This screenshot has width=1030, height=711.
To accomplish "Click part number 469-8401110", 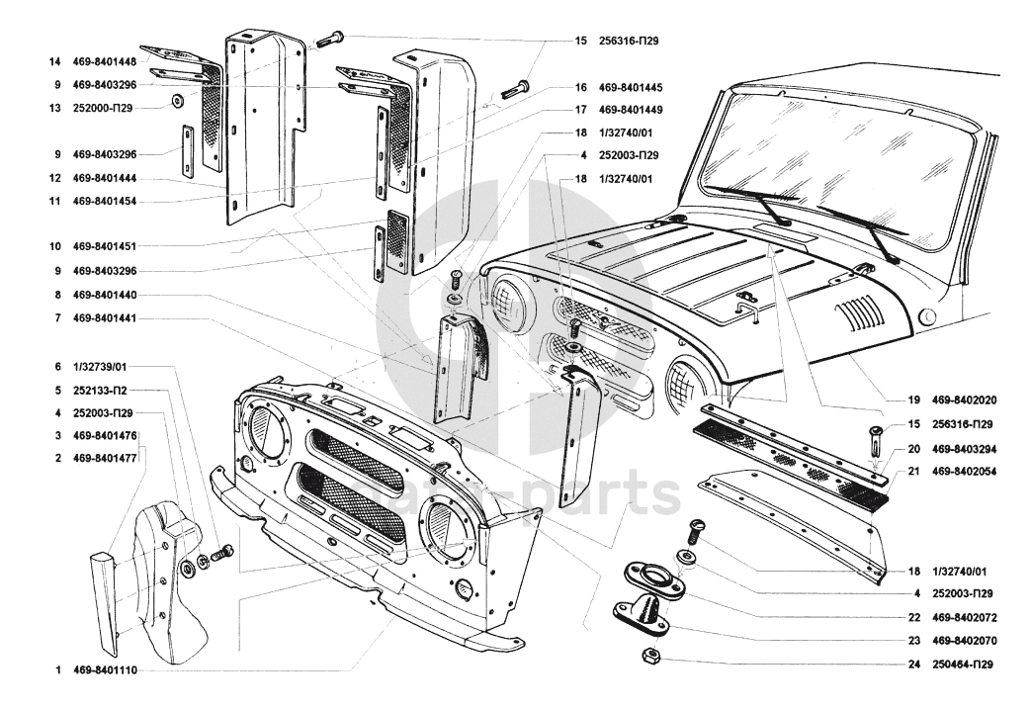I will coord(105,669).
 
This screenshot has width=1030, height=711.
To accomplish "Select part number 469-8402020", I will coord(965,401).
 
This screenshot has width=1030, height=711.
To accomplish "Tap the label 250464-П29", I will coord(963,665).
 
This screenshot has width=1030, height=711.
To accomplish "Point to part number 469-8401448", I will coord(105,61).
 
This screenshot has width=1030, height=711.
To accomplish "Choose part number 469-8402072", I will coord(965,616).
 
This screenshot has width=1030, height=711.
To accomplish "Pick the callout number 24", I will coord(915,665).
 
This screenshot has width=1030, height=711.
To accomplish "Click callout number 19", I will coord(915,401).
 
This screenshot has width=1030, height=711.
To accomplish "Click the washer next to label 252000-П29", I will coord(176,101).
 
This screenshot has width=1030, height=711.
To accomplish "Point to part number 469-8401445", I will coord(631,87).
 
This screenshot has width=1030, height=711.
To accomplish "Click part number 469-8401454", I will coord(105,201).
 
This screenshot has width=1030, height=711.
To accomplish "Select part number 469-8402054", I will coord(965,472).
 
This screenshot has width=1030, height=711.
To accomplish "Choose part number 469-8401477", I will coord(105,459).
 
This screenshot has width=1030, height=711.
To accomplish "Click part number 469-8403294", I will coord(965,448).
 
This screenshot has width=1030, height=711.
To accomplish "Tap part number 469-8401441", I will coord(105,318).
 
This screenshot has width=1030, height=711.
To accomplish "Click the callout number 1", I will coord(59,669).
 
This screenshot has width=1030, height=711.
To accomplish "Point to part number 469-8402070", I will coord(965,640).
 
